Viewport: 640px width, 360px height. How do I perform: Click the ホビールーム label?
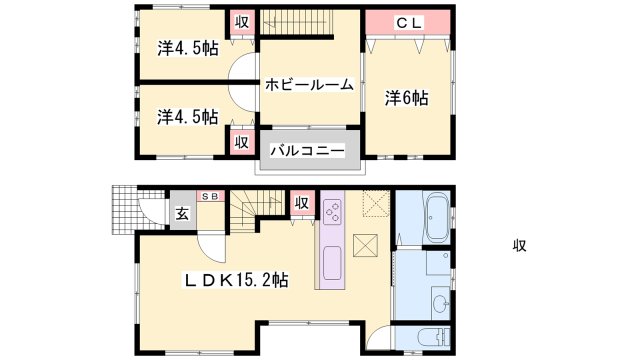pos(309,85)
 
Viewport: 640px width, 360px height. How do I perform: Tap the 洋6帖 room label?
pos(407,98)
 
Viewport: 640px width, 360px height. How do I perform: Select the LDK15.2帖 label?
pos(236,280)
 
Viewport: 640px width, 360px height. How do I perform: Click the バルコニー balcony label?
pos(308,151)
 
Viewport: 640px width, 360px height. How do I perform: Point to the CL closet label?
pos(409,23)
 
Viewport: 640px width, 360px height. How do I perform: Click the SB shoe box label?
pos(211,196)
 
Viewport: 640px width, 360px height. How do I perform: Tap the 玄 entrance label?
pos(182,213)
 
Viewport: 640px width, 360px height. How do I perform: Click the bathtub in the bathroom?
pos(437,217)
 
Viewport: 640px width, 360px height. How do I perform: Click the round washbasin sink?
pos(440,303)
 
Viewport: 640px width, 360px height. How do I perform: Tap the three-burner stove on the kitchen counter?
pos(333,212)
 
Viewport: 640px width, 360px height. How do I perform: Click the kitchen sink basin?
pos(332,263)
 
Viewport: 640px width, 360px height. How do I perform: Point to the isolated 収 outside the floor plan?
pos(520,246)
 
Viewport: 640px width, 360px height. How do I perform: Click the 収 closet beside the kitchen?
pos(302,203)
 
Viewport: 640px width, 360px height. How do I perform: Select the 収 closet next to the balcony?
pos(242,142)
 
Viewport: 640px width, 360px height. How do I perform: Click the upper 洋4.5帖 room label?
pos(188,49)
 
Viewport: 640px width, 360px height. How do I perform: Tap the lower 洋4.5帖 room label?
pos(187,117)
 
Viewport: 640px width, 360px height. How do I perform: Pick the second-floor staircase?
pos(296,22)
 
